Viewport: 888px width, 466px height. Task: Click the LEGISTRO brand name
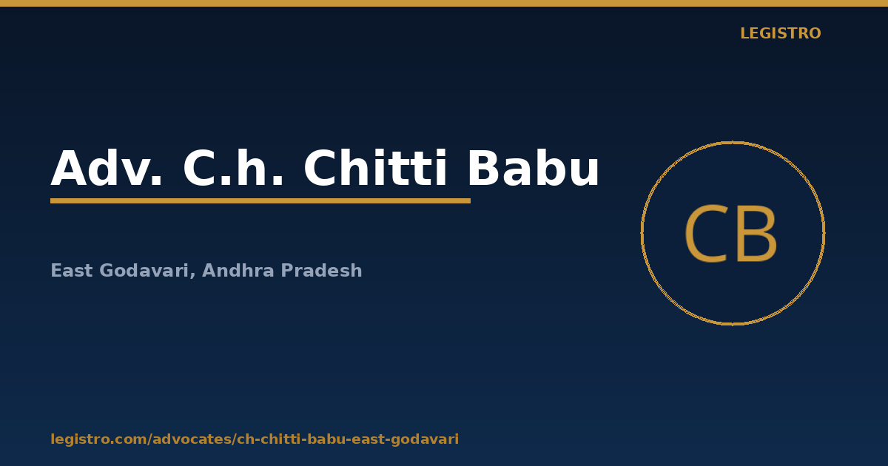click(781, 33)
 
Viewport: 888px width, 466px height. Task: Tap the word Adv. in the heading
click(107, 168)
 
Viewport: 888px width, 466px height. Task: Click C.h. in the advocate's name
click(233, 168)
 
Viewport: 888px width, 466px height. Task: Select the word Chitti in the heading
click(375, 167)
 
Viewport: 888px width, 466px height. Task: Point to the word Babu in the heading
click(534, 168)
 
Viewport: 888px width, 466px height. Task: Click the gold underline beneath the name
click(260, 201)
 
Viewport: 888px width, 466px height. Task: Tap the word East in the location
click(72, 271)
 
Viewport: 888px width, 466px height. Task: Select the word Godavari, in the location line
click(147, 271)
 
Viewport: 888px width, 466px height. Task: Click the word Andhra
click(238, 270)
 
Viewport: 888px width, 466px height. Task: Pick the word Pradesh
click(321, 270)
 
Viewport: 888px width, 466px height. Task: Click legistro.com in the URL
click(98, 439)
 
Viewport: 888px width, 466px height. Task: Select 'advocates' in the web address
click(192, 439)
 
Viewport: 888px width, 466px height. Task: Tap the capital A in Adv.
click(69, 168)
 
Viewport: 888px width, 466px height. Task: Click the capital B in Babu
click(484, 168)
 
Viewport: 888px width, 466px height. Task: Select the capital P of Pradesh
click(287, 271)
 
